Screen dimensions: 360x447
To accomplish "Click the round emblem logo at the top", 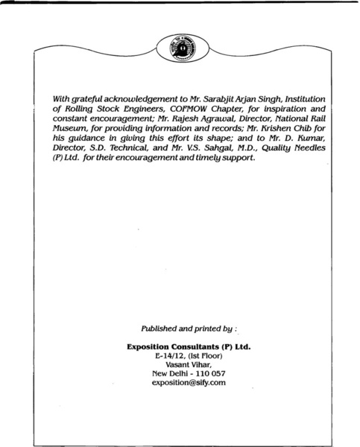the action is point(180,50).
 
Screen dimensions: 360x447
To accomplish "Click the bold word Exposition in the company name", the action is point(153,346).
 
